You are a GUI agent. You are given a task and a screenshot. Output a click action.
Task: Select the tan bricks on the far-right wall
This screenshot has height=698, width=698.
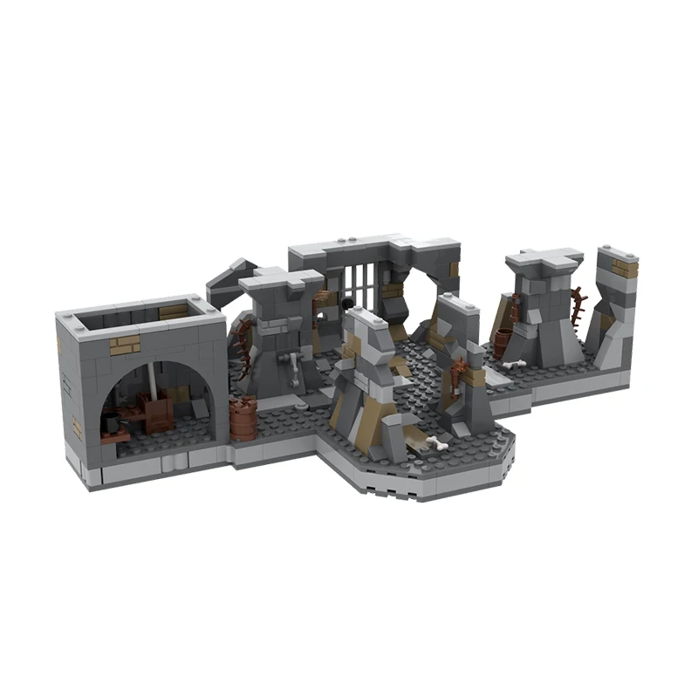point(625,267)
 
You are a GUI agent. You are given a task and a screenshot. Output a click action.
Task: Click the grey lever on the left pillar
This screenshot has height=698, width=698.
point(294,367)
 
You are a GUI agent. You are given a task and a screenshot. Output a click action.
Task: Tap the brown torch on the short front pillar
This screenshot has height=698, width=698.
point(460,379)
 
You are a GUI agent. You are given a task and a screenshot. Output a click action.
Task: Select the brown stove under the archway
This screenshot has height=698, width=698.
point(157,412)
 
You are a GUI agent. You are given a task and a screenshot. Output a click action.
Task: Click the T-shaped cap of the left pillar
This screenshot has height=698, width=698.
point(281,283)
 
